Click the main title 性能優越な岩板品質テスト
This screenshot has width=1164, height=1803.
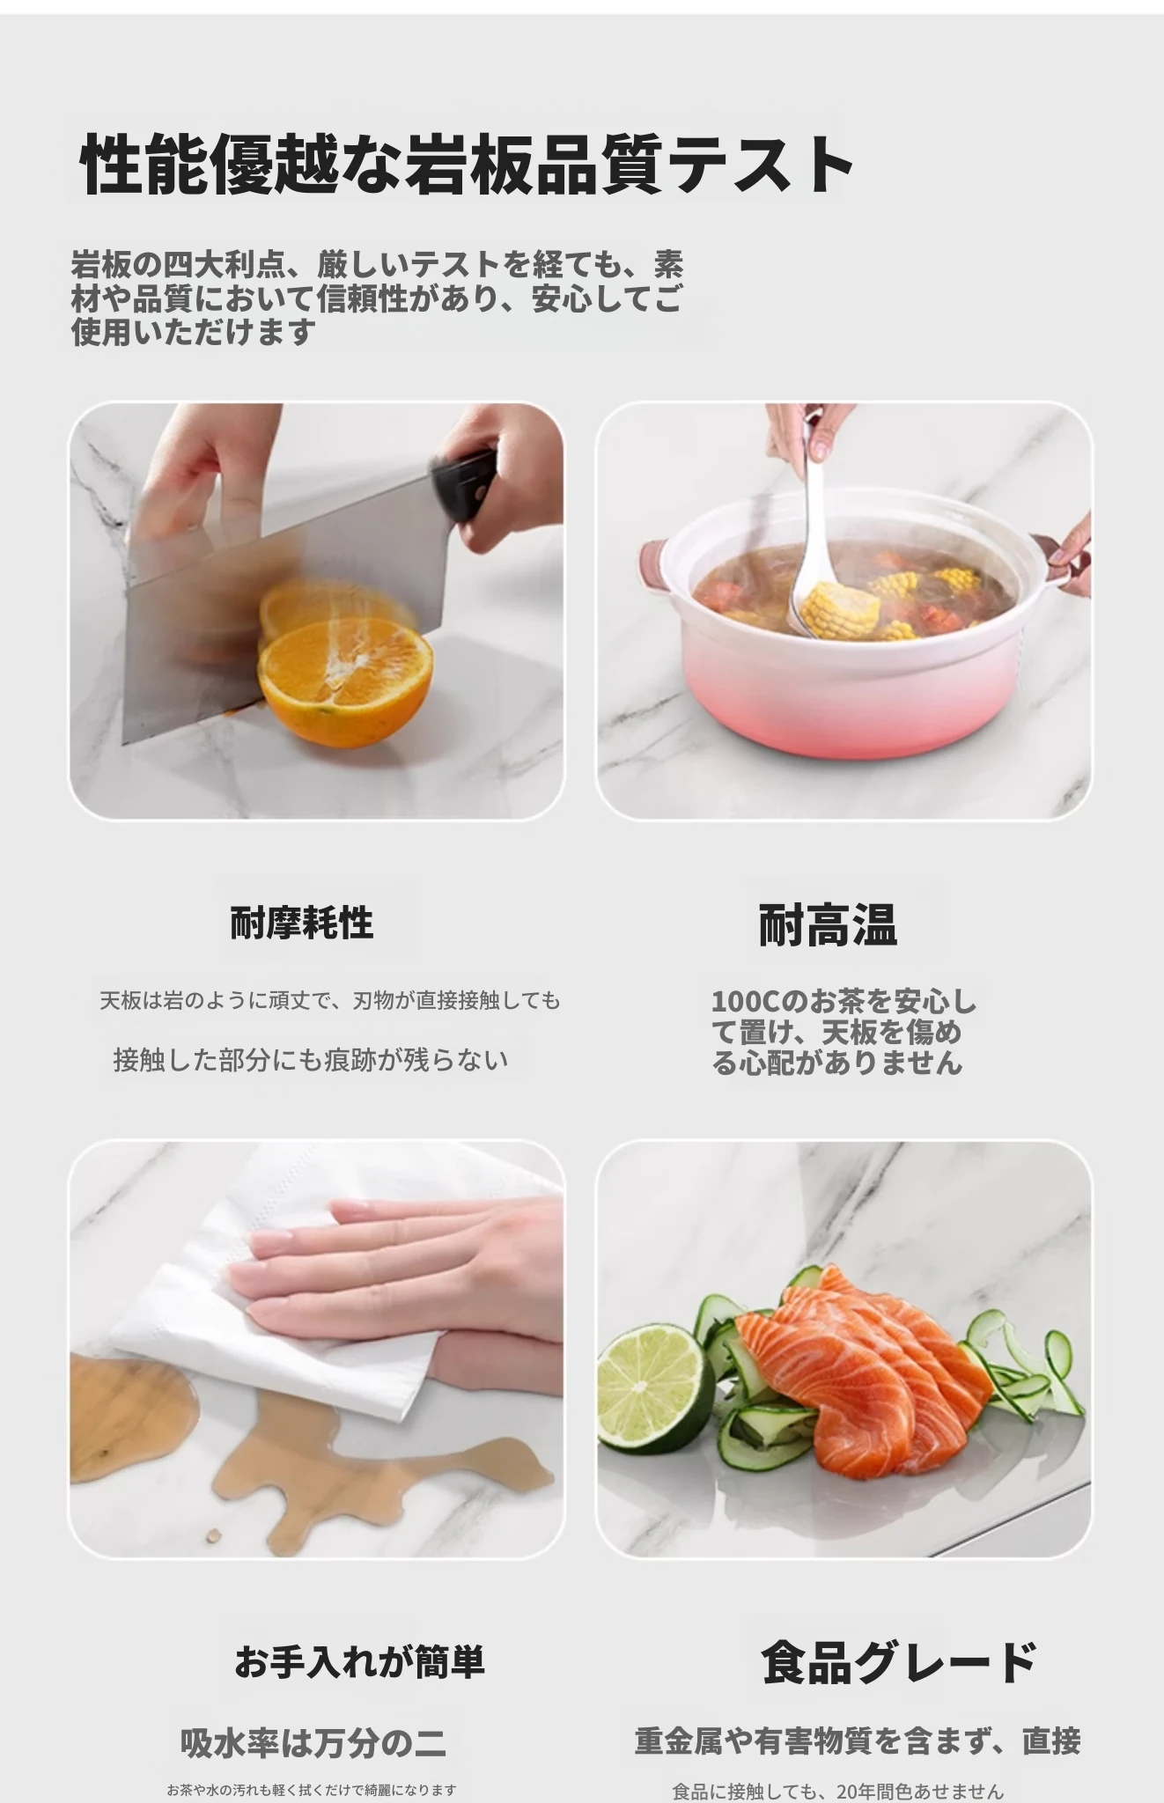(467, 165)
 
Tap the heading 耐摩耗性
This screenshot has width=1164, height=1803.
(302, 923)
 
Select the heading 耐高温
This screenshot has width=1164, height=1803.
(828, 925)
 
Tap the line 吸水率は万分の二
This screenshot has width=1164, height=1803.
(313, 1743)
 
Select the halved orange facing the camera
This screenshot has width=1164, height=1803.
(345, 683)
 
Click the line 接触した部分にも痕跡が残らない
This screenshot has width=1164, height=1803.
(311, 1059)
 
